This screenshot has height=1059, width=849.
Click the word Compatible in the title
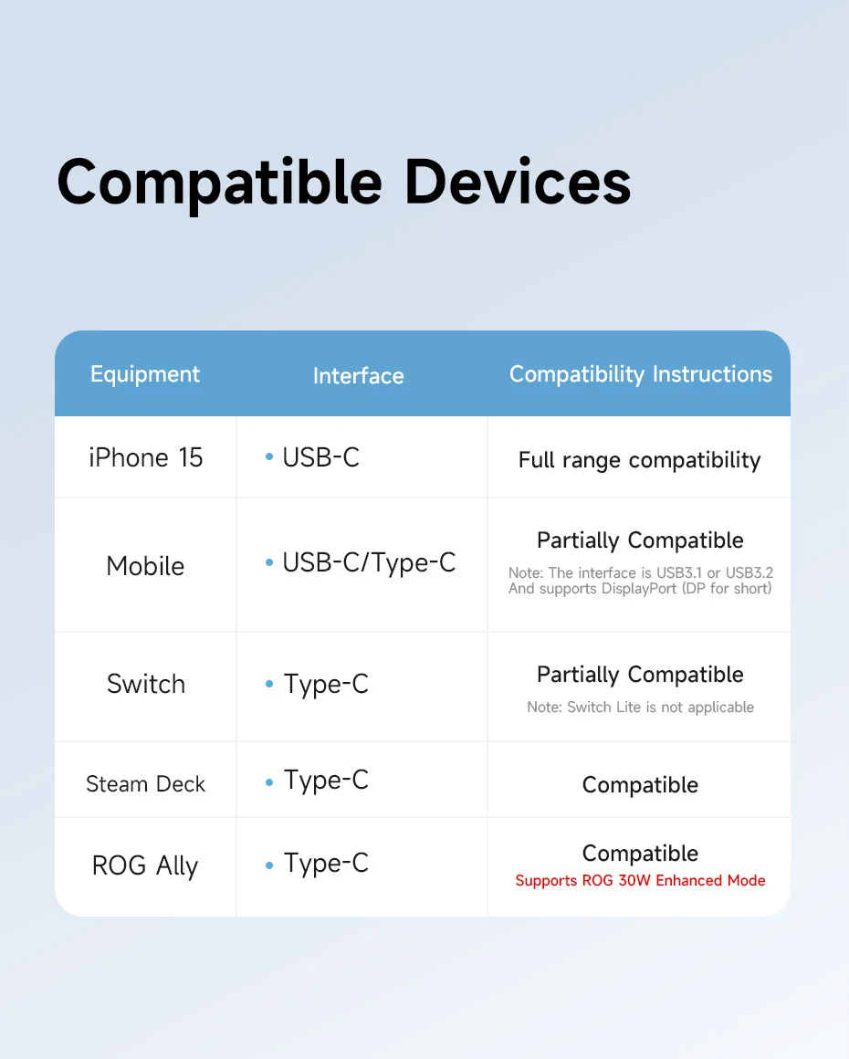[219, 183]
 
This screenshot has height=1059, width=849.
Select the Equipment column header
[145, 375]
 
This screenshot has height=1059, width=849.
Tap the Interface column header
[358, 375]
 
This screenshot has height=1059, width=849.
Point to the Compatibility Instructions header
[640, 375]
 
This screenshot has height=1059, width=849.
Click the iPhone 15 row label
[146, 457]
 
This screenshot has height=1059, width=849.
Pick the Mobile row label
[145, 566]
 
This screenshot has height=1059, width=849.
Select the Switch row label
[146, 684]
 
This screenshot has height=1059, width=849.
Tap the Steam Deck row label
[145, 783]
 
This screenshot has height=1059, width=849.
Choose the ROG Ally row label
[145, 865]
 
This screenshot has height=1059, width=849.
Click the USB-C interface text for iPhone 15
[320, 457]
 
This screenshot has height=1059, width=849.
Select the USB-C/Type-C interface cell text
[369, 562]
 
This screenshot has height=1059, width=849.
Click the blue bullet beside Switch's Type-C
[269, 684]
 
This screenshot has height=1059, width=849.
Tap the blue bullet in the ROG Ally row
[269, 865]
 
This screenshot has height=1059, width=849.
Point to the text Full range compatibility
[639, 460]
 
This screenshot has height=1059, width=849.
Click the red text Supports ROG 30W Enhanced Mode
[640, 881]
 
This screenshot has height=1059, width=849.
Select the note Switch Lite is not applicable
[640, 708]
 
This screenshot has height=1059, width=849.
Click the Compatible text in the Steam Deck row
[640, 785]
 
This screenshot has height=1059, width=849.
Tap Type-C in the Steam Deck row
[326, 781]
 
